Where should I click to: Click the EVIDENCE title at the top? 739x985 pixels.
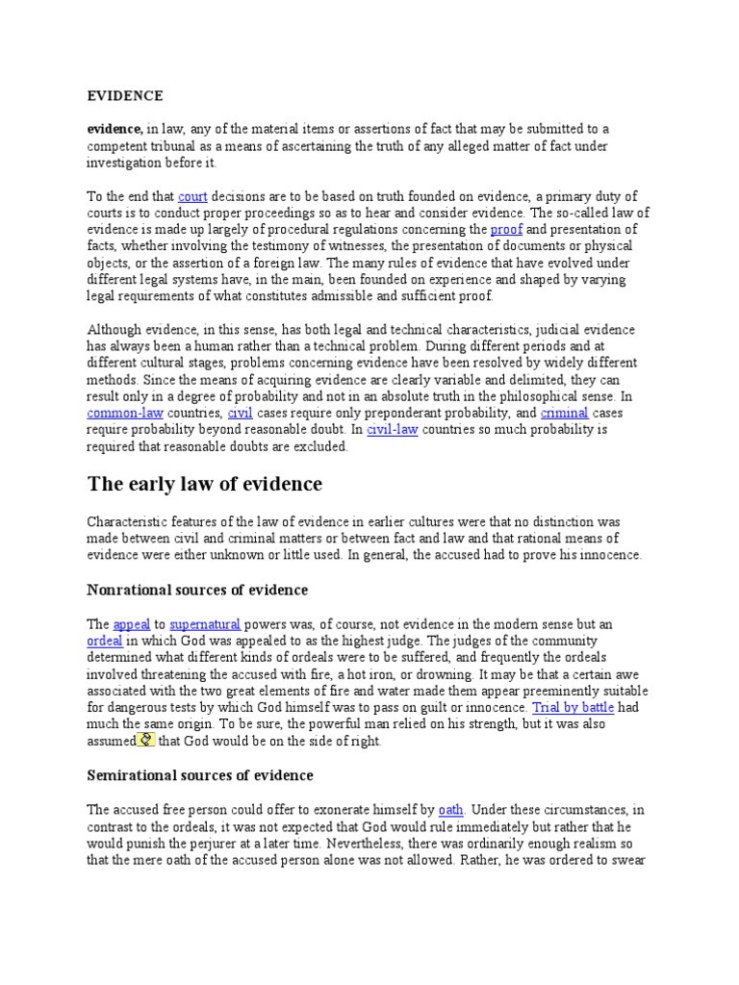point(125,95)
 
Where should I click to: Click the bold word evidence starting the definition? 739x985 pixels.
point(115,128)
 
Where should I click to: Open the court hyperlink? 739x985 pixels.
point(192,196)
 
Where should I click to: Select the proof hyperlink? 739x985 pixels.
point(505,229)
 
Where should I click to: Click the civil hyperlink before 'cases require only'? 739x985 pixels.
point(239,413)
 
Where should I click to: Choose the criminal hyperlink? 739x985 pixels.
point(564,413)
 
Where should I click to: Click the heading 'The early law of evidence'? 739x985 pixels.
point(205,483)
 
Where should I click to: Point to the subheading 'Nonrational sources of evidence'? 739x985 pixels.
point(197,589)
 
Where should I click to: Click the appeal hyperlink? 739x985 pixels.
point(132,623)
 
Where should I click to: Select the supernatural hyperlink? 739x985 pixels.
point(205,623)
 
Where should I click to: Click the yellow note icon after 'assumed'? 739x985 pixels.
point(146,740)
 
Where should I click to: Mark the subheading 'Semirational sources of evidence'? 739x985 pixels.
point(200,774)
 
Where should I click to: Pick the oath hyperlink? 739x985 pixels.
point(450,809)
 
